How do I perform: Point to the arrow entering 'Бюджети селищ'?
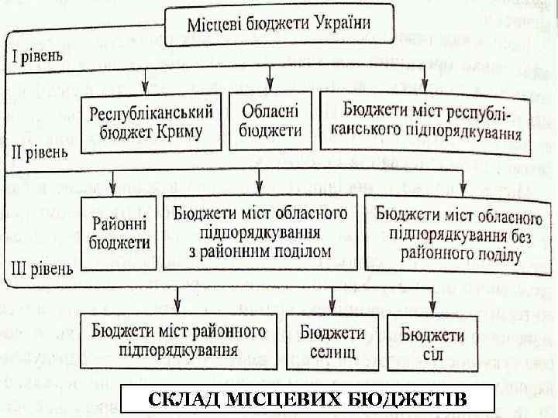coord(332,300)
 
